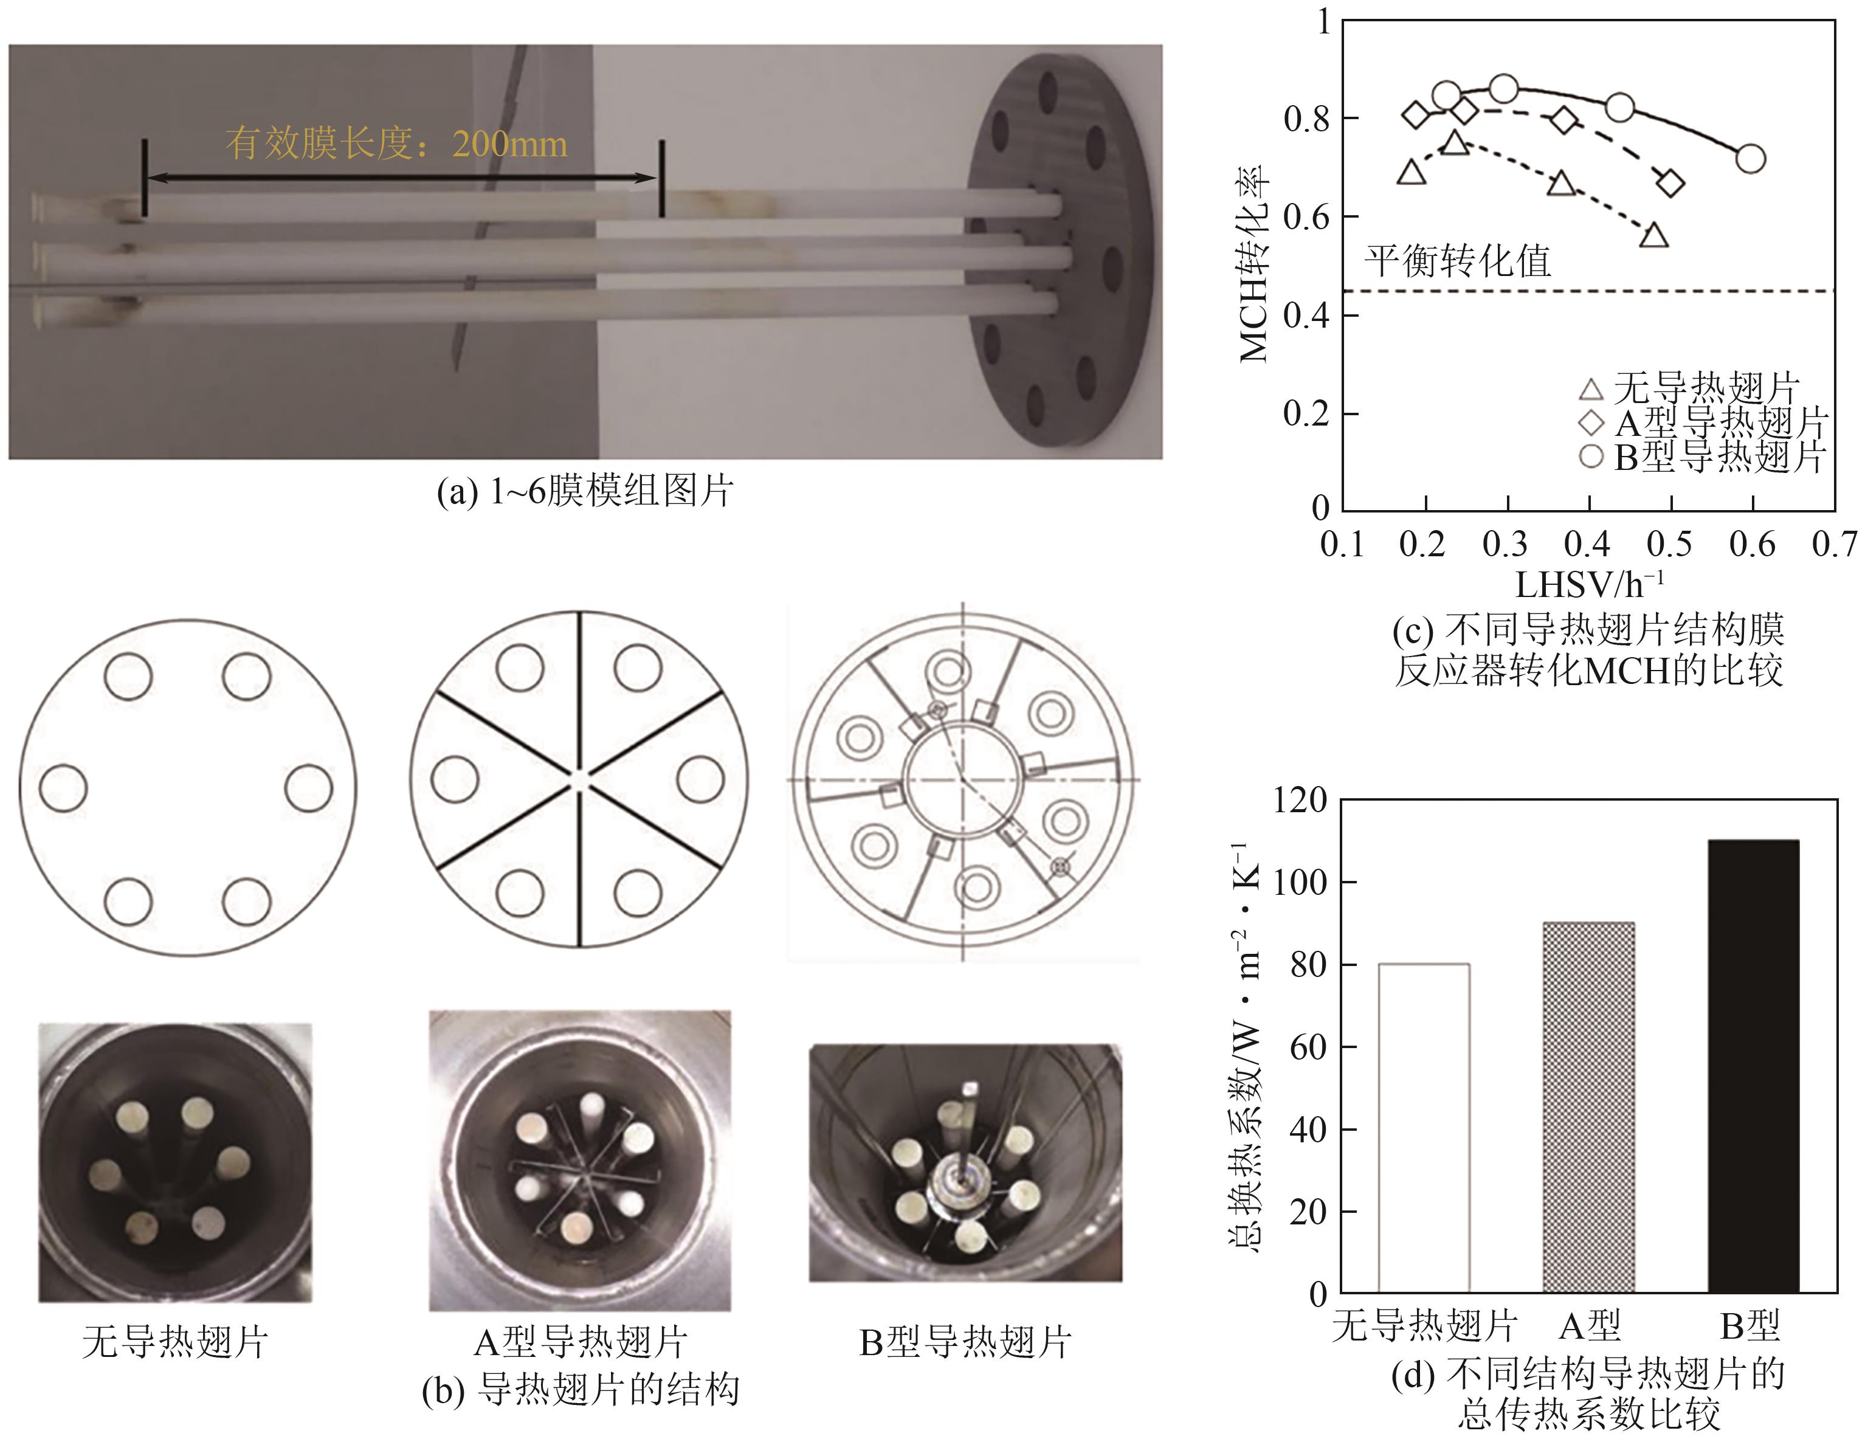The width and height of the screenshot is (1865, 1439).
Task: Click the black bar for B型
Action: (1753, 1066)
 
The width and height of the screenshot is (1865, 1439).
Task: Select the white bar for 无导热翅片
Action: (1424, 1128)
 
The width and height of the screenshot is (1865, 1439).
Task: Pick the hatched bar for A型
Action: (1588, 1107)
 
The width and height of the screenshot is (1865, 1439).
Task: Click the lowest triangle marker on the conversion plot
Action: (1654, 235)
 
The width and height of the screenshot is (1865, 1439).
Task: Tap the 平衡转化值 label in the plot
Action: (1458, 260)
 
